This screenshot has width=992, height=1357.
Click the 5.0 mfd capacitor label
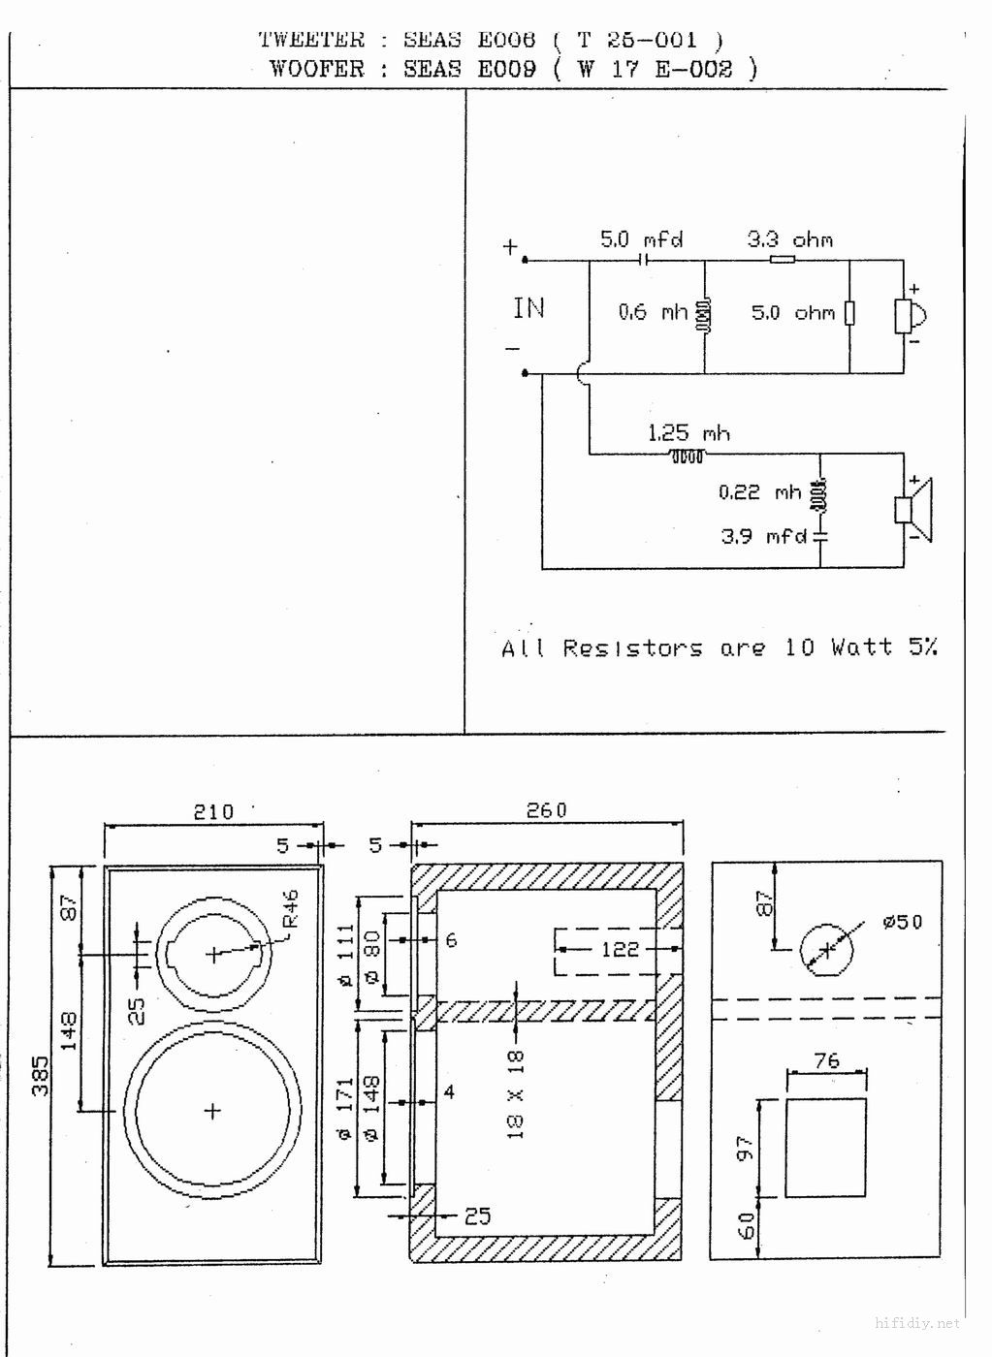641,239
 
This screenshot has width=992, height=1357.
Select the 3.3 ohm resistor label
789,240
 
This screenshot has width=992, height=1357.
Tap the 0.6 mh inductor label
654,312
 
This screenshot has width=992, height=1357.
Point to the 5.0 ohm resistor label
793,312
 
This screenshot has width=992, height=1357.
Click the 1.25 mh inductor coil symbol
687,456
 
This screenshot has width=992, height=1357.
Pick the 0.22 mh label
760,491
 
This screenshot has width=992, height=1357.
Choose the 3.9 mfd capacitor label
763,536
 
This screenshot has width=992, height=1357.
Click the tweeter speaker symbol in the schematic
911,316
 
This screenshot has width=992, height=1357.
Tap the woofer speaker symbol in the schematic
913,510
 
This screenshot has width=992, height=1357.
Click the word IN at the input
529,308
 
